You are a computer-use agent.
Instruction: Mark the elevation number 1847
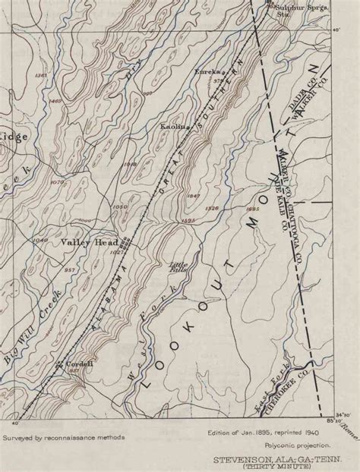(x=193, y=197)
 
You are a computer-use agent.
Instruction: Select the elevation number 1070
(x=55, y=183)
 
